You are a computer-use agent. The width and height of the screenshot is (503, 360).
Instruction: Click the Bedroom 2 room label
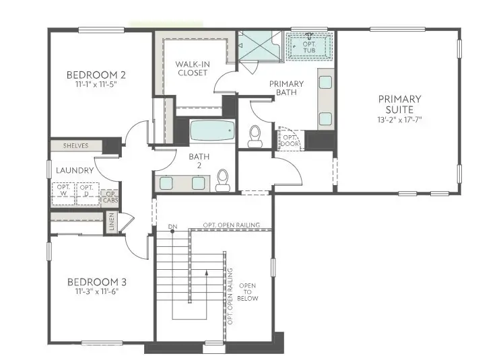[96, 75]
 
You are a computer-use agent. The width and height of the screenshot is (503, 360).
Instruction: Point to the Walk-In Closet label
[193, 68]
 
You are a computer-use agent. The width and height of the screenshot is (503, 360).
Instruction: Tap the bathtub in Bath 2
[211, 130]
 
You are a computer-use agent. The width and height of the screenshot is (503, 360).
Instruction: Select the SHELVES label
[76, 145]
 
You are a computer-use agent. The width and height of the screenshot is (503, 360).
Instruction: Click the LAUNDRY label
[75, 170]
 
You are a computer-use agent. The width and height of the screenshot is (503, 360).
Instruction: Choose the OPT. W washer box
[64, 193]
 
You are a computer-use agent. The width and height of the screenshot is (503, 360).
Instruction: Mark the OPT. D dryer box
[86, 193]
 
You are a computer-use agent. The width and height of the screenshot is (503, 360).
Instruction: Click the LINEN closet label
[112, 221]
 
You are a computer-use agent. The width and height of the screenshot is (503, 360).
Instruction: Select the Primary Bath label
[286, 88]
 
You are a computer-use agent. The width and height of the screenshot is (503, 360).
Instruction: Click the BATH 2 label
[184, 161]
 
